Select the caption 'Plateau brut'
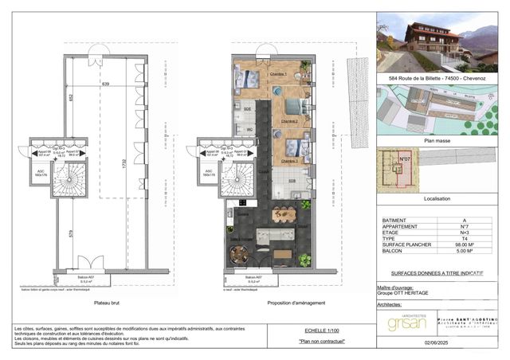click(107, 303)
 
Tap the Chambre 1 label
click(278, 74)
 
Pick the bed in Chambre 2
click(292, 107)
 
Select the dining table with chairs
click(284, 214)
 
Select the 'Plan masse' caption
click(438, 139)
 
